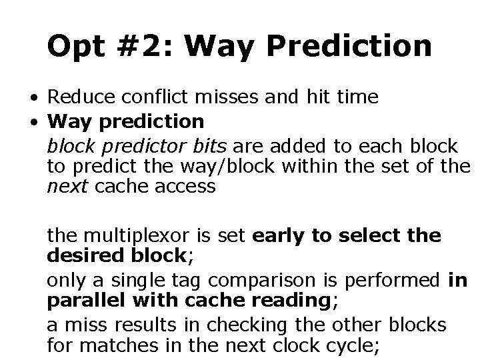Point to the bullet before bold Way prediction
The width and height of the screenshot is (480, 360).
pos(31,122)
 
